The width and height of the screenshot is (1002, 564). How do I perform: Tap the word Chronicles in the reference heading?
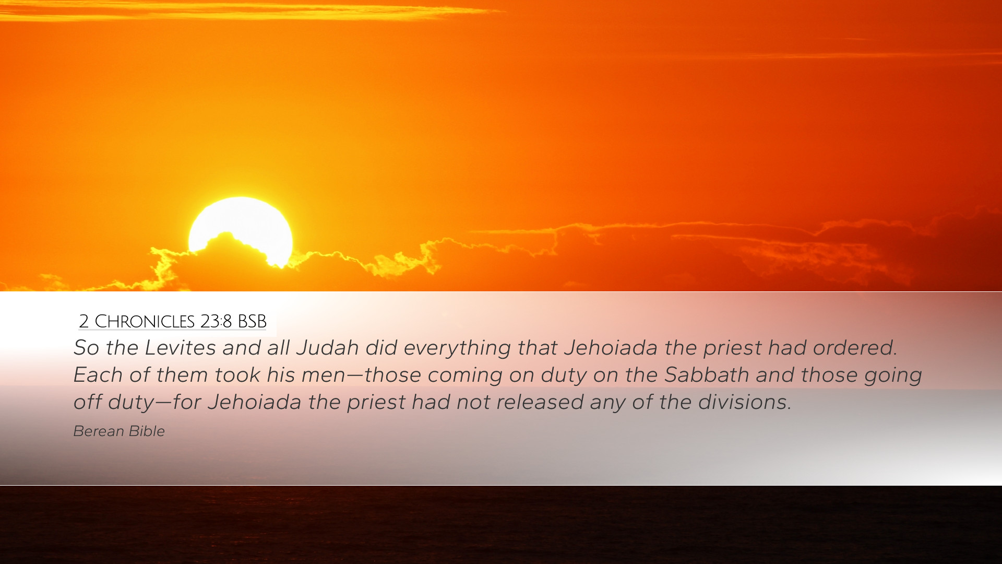click(x=145, y=321)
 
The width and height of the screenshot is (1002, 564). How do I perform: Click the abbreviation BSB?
click(x=252, y=321)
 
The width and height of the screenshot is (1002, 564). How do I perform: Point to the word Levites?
click(x=180, y=348)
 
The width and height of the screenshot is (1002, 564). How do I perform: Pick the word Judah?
click(x=328, y=348)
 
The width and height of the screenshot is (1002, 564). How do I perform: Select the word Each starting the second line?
click(x=95, y=375)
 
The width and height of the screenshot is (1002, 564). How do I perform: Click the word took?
click(x=237, y=375)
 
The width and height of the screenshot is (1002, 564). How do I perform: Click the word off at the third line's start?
click(x=87, y=402)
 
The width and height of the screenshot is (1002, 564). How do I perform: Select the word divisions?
click(x=745, y=402)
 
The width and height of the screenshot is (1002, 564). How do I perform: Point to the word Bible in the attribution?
click(x=147, y=431)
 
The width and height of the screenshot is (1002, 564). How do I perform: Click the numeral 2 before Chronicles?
click(x=84, y=321)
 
